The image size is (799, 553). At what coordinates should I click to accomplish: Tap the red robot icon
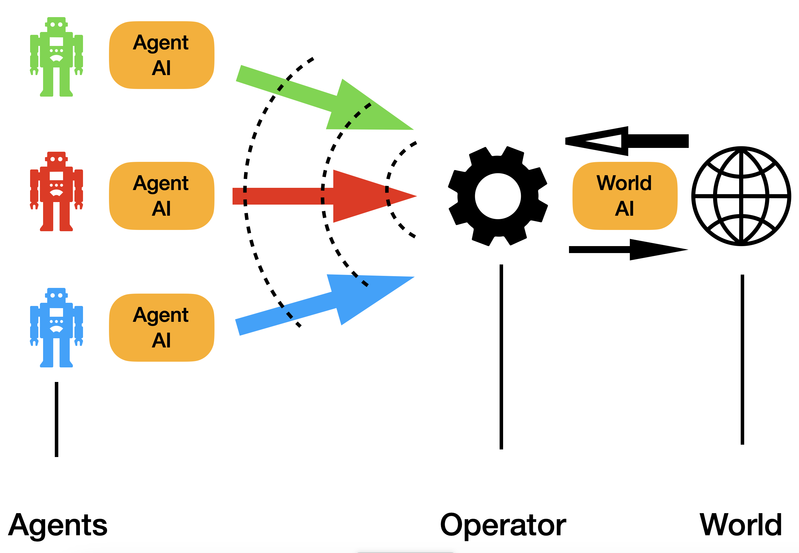pyautogui.click(x=56, y=191)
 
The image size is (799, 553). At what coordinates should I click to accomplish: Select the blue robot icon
pyautogui.click(x=56, y=327)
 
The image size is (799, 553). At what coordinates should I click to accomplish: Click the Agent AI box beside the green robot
pyautogui.click(x=162, y=55)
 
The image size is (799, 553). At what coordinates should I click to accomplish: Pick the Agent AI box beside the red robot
pyautogui.click(x=162, y=196)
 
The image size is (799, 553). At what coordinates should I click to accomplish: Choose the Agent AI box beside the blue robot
pyautogui.click(x=162, y=328)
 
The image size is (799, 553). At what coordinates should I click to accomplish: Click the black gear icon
pyautogui.click(x=498, y=196)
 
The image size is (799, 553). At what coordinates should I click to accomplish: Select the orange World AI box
pyautogui.click(x=625, y=196)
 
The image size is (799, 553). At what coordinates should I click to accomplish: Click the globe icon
pyautogui.click(x=741, y=196)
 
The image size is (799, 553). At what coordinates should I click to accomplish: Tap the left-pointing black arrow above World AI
pyautogui.click(x=624, y=141)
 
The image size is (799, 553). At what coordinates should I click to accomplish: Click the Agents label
pyautogui.click(x=58, y=525)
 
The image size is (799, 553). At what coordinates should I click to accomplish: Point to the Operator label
pyautogui.click(x=503, y=525)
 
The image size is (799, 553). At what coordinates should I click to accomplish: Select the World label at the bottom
pyautogui.click(x=741, y=525)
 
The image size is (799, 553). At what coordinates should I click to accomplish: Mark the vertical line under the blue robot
pyautogui.click(x=56, y=419)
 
